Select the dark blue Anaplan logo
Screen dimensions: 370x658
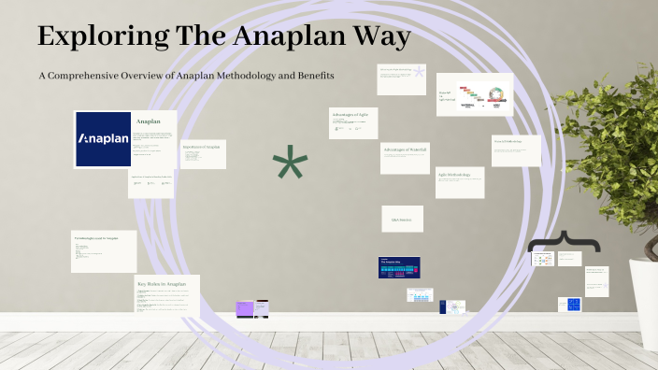[103, 139]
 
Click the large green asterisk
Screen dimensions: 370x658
[290, 166]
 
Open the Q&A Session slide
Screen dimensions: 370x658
[402, 219]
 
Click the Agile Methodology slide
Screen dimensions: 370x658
[460, 182]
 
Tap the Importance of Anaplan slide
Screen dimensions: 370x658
[203, 154]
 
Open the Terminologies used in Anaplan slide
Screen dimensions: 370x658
[103, 251]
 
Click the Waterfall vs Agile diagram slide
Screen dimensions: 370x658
[475, 94]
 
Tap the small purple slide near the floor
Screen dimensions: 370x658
[245, 308]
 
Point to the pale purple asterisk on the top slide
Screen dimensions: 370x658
[419, 72]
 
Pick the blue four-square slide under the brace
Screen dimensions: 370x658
[569, 304]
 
